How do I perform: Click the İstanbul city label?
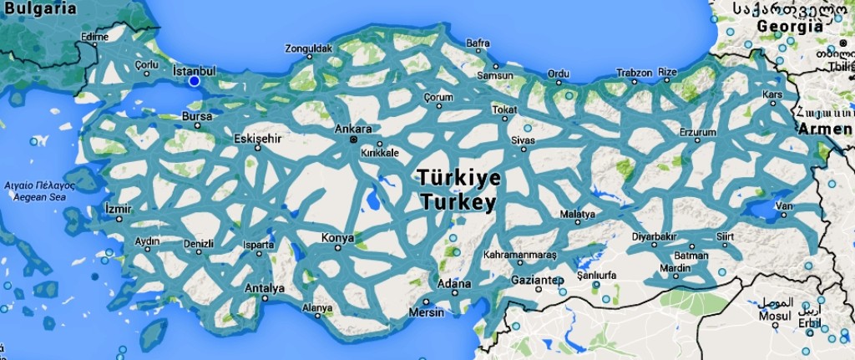[x=194, y=71]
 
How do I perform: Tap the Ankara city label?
[x=352, y=129]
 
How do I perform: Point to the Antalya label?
[x=264, y=289]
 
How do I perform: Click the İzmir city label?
[x=119, y=208]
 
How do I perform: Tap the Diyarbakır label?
[x=654, y=236]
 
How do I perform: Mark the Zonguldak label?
[x=308, y=48]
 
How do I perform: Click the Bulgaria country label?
[x=39, y=8]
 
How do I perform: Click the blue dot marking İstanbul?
[x=194, y=82]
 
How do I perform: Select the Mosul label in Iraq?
[x=774, y=317]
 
